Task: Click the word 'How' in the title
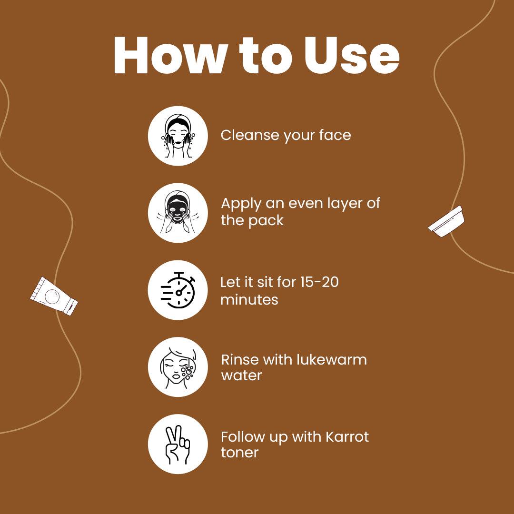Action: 170,55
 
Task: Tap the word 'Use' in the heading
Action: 352,55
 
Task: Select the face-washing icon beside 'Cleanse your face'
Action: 178,136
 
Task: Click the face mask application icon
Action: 178,213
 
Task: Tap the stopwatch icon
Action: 178,290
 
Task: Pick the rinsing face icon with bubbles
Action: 178,367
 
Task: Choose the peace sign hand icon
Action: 178,445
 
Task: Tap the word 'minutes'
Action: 249,300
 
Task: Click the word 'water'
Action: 241,376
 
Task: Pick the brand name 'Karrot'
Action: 347,436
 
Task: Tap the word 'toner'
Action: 239,453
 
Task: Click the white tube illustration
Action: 54,296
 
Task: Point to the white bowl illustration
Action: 446,221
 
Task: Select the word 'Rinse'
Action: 241,359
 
